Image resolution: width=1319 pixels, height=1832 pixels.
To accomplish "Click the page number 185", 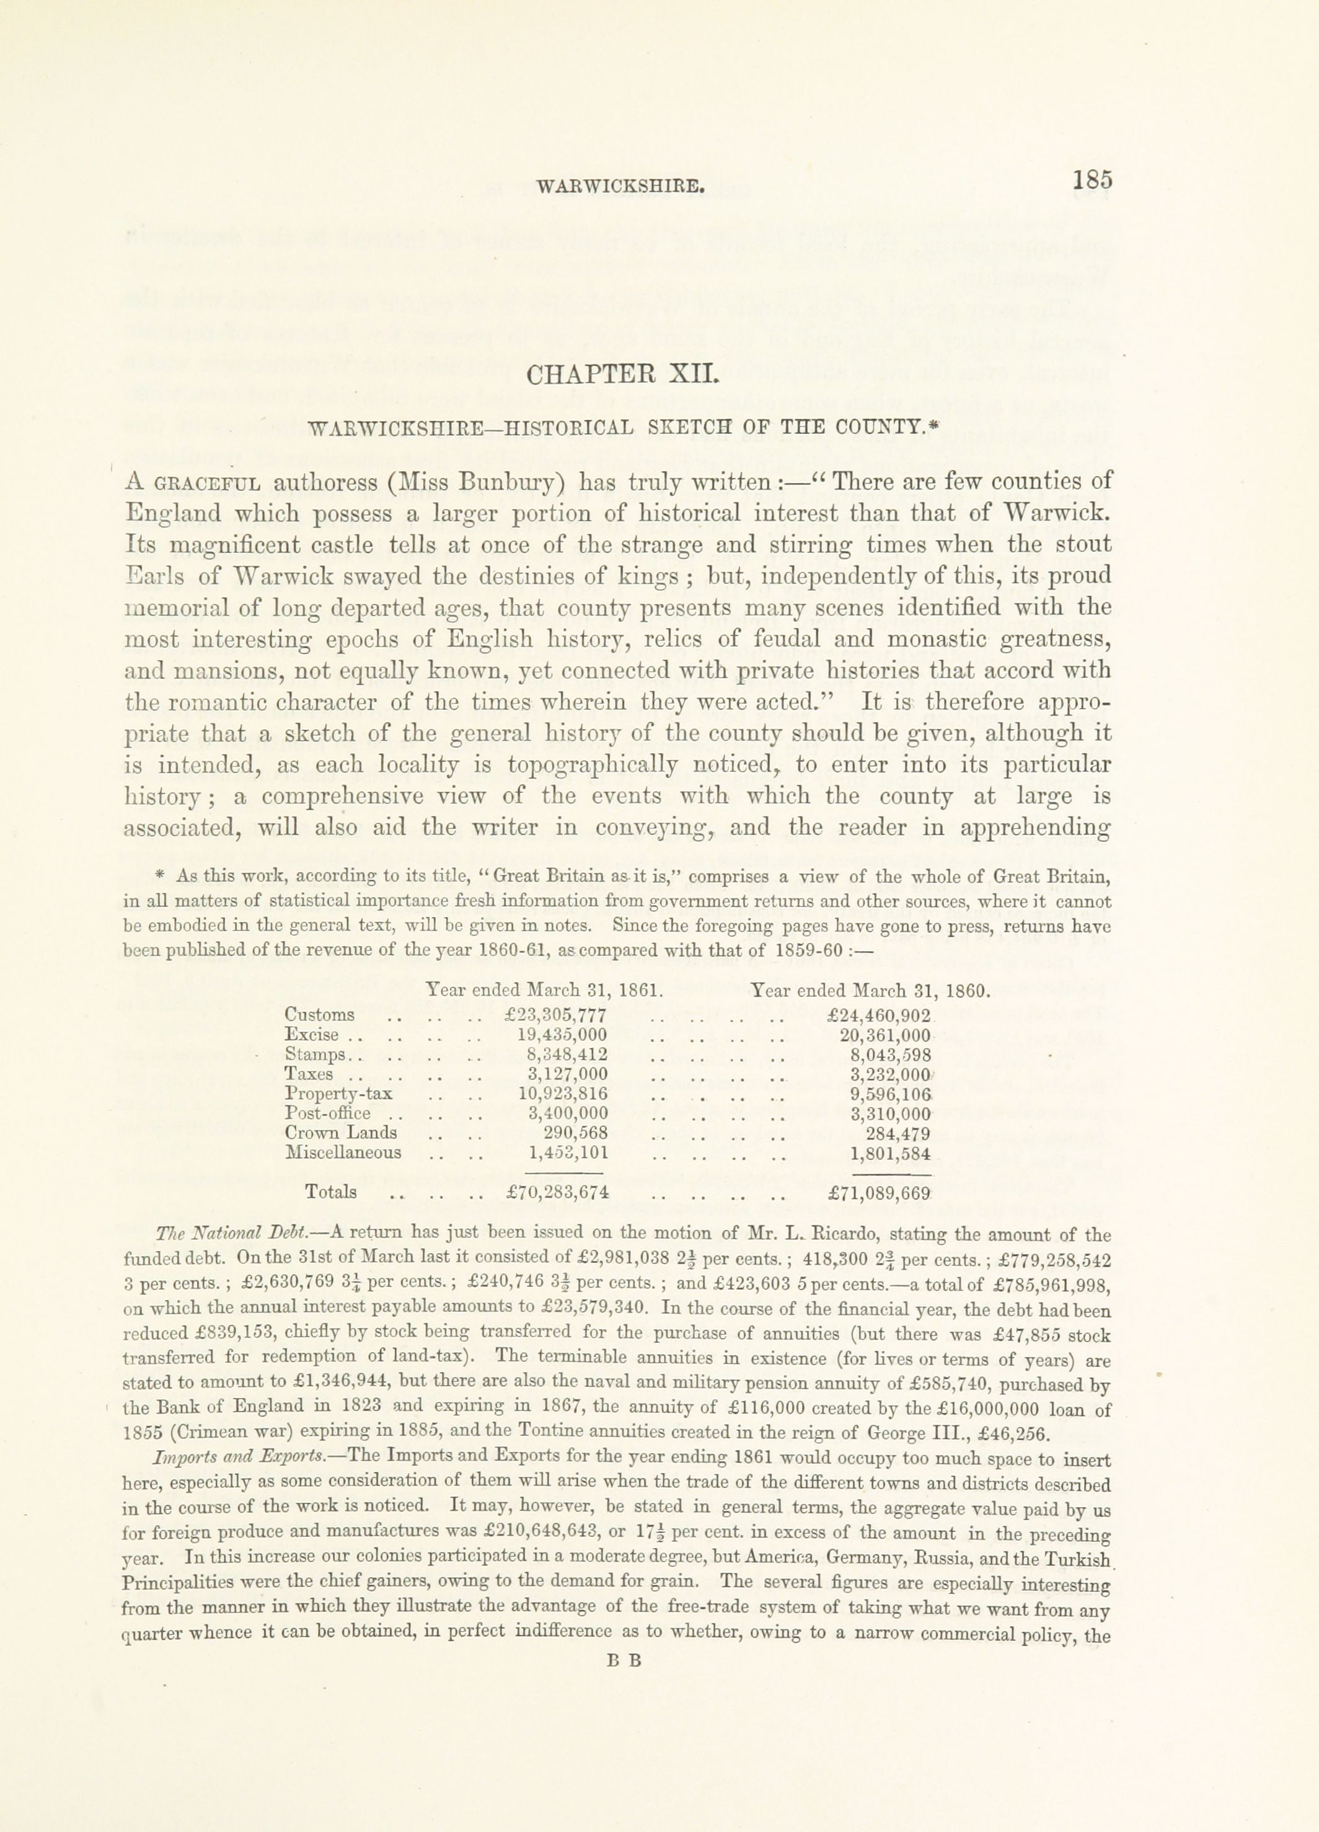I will [1093, 179].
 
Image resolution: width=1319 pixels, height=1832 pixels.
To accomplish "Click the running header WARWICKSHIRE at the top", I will [621, 187].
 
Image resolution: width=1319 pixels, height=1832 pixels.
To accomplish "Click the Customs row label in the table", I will [319, 1014].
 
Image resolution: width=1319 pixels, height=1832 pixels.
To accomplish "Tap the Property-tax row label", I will [338, 1094].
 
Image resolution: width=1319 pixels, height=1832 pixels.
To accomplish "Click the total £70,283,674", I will [556, 1192].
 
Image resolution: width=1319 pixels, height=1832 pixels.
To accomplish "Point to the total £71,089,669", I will [880, 1192].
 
